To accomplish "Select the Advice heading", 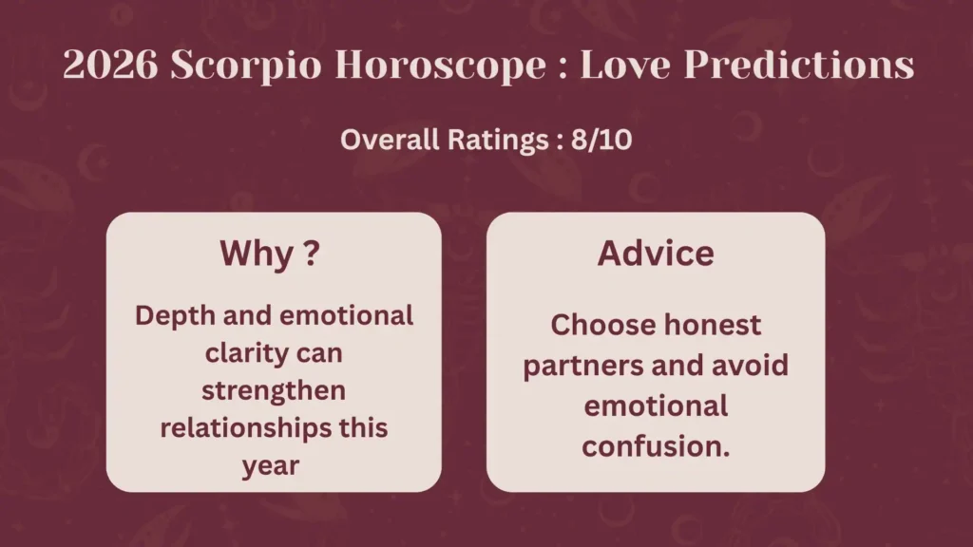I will point(656,254).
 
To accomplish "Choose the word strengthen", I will point(274,390).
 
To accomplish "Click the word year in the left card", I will point(273,464).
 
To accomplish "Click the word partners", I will point(583,366).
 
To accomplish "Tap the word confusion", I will point(656,445).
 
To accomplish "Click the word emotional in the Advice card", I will point(656,406).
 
